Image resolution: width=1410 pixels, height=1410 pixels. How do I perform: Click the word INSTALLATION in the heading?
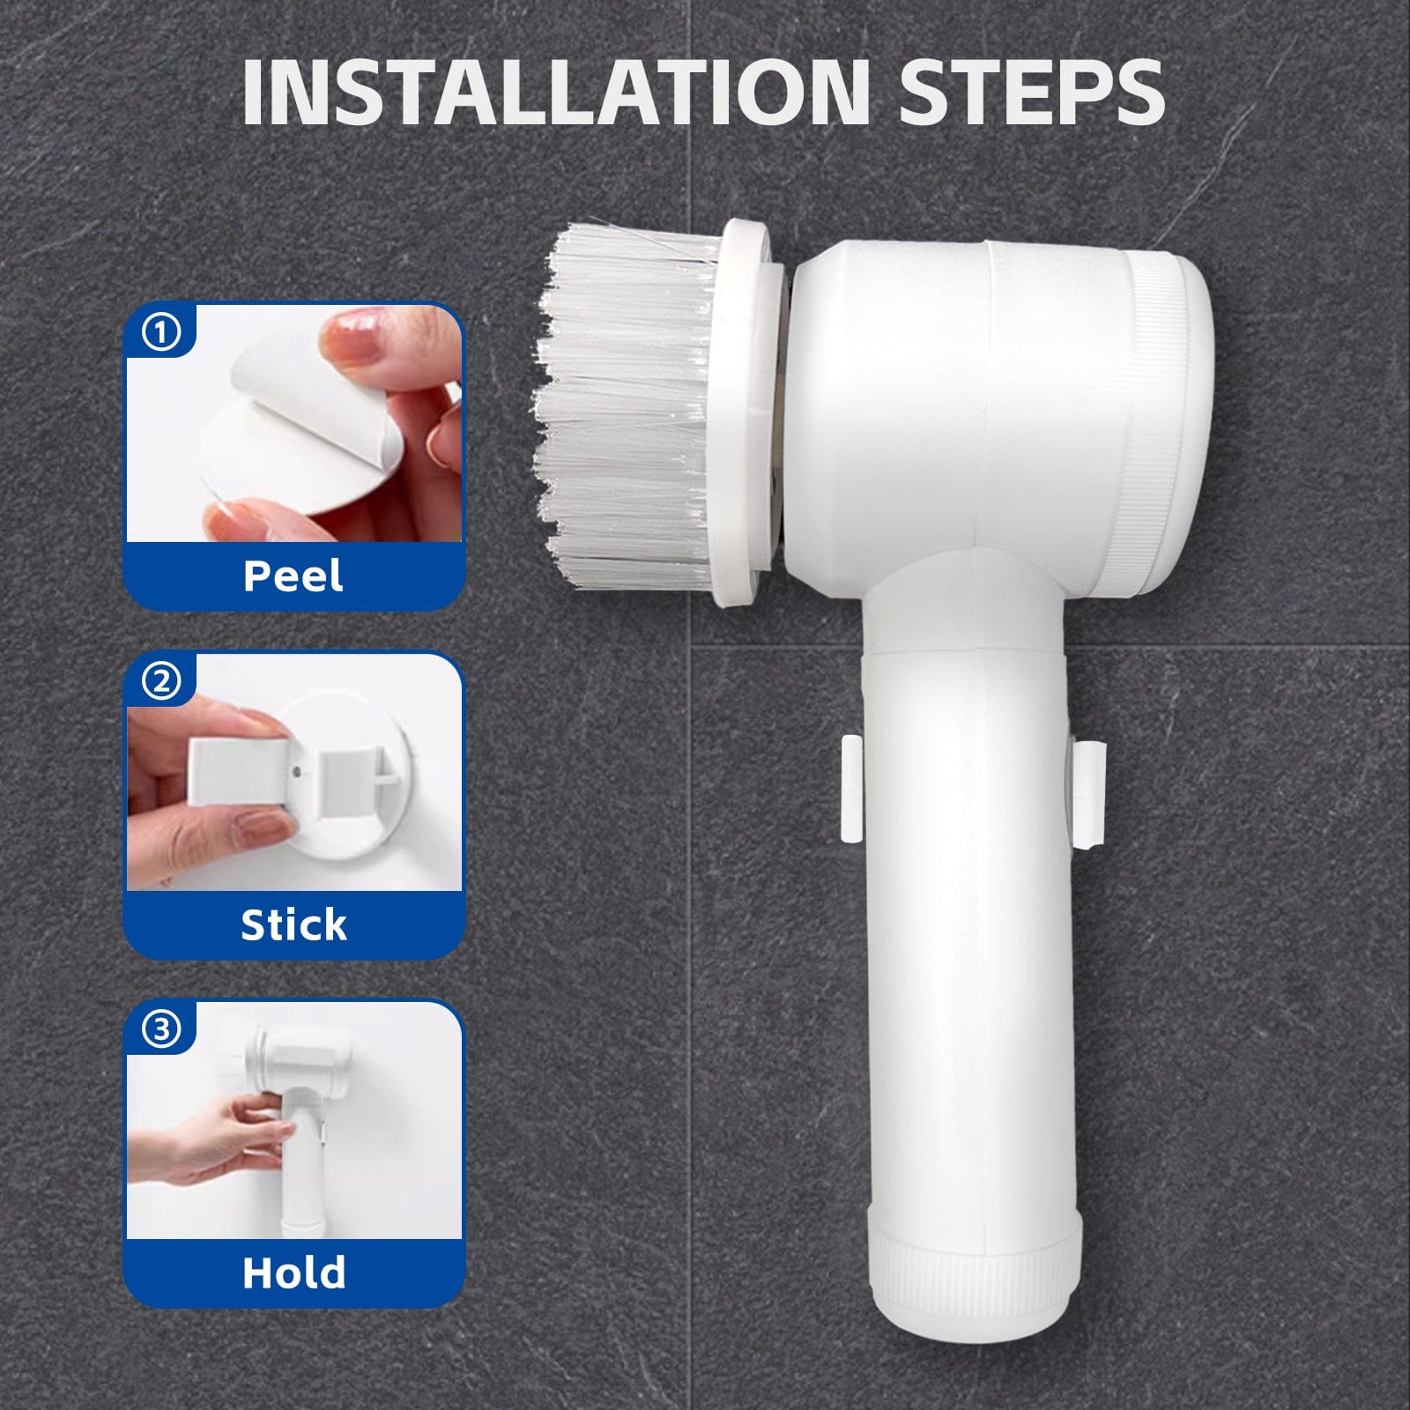coord(556,93)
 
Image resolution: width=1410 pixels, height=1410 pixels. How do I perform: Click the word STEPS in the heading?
coord(1032,93)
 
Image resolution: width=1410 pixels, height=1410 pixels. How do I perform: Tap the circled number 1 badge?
coord(161,332)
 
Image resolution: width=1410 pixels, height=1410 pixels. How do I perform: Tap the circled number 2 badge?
coord(161,681)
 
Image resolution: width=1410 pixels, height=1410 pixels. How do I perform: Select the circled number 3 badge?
coord(161,1029)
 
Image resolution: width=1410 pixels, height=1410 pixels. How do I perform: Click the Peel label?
coord(293,576)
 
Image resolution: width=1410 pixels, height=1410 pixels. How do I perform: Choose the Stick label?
coord(293,924)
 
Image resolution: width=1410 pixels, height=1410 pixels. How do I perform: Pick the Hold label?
coord(293,1273)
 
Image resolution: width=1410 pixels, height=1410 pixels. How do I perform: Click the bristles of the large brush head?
coord(626,405)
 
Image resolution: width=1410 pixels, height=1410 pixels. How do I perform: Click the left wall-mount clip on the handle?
coord(851,790)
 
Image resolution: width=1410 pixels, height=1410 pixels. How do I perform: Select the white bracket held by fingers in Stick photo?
coord(238,770)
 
